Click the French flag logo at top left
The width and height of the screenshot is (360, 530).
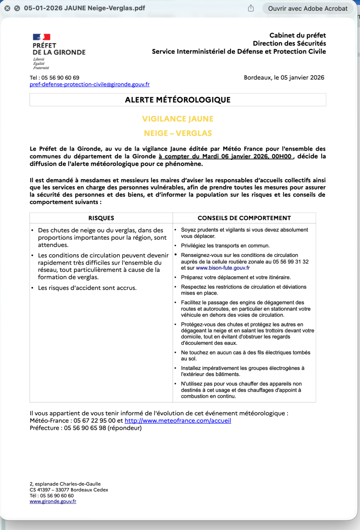click(x=41, y=37)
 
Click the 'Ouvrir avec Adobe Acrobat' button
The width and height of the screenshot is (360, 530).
click(x=308, y=8)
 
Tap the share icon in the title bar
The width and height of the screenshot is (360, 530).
click(x=251, y=8)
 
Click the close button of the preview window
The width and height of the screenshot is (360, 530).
click(x=7, y=8)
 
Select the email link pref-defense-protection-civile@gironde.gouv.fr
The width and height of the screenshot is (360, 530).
click(x=90, y=84)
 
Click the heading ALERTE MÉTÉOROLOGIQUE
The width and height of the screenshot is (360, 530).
click(x=178, y=100)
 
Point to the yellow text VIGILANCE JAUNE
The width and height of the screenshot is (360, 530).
click(x=178, y=119)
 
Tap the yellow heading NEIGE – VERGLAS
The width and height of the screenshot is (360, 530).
click(x=178, y=133)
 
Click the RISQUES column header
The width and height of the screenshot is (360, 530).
click(x=101, y=218)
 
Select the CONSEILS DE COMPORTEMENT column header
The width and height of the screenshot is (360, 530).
click(x=244, y=218)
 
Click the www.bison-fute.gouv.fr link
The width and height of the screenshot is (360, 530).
click(x=223, y=268)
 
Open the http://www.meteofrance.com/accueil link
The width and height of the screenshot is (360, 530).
click(x=178, y=420)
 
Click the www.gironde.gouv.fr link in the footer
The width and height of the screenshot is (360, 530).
click(x=53, y=501)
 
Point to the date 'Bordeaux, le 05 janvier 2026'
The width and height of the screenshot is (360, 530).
click(x=284, y=78)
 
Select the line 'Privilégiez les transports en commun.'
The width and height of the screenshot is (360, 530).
click(x=225, y=245)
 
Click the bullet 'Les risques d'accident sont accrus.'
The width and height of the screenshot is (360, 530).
click(x=87, y=288)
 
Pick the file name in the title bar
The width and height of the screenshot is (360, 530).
click(x=84, y=8)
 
